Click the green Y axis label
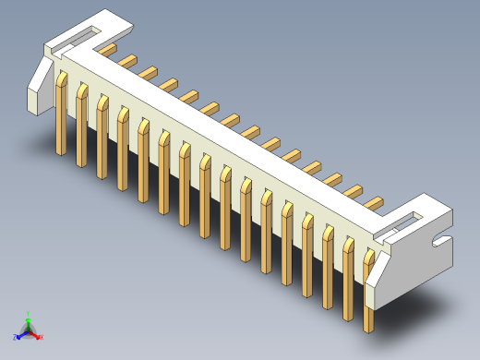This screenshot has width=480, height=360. coord(29,314)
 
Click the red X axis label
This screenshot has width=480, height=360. coord(42,337)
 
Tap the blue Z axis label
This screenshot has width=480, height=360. coord(17,335)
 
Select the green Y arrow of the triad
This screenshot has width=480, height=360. coord(29,321)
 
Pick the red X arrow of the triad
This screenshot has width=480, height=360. coord(36,333)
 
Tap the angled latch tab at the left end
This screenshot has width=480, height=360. coord(40,83)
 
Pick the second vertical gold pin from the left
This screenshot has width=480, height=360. coord(82,120)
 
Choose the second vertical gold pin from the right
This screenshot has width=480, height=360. coord(349,277)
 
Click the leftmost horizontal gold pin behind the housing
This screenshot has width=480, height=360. coord(108,48)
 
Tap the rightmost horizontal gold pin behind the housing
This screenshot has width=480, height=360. coord(373,202)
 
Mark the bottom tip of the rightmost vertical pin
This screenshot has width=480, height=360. coord(369,330)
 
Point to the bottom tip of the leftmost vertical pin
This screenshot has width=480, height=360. coord(61,152)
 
